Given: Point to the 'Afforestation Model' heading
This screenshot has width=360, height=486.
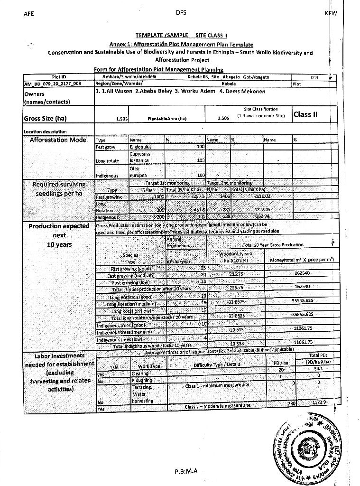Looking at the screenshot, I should tap(59, 140).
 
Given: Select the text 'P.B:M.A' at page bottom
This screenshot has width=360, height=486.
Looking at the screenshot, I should tap(185, 471).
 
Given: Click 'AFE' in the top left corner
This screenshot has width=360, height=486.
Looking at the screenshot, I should tap(28, 14).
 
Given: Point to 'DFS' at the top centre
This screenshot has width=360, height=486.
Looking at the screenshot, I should tap(180, 13).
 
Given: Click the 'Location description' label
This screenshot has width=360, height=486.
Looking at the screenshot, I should tap(45, 131).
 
